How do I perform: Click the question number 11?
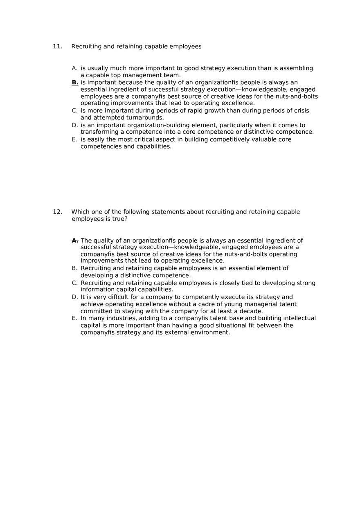click(x=57, y=47)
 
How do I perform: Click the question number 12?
click(x=57, y=212)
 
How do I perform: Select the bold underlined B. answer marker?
click(x=75, y=83)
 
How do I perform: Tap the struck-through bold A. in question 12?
click(x=75, y=240)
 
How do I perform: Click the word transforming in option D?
click(x=99, y=132)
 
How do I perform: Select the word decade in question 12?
click(x=251, y=311)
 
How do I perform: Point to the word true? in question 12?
click(x=120, y=219)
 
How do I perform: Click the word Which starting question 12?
click(x=81, y=212)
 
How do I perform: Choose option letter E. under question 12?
click(x=74, y=318)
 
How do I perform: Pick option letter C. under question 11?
click(x=74, y=111)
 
